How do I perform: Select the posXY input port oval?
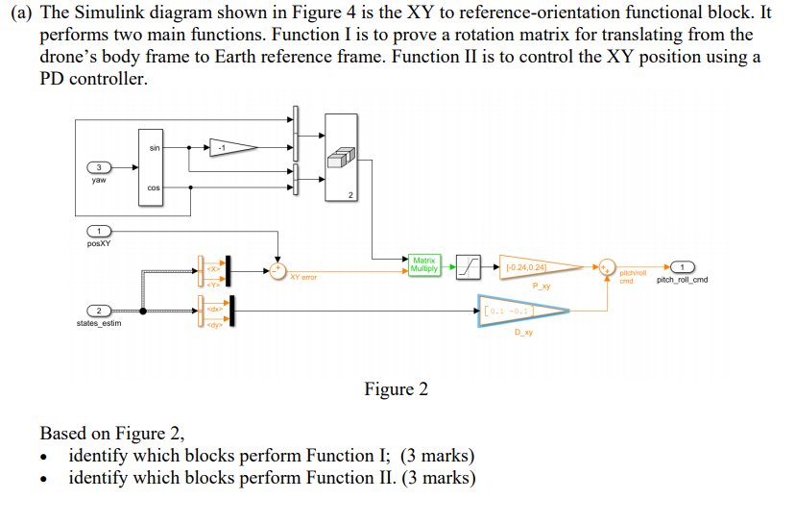coord(98,232)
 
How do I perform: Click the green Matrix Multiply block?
coord(423,264)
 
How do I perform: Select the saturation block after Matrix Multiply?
coord(468,265)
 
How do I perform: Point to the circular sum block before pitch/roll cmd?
coord(606,266)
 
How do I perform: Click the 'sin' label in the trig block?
coord(156,147)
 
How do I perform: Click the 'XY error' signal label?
coord(302,277)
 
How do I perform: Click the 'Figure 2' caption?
coord(396,389)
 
